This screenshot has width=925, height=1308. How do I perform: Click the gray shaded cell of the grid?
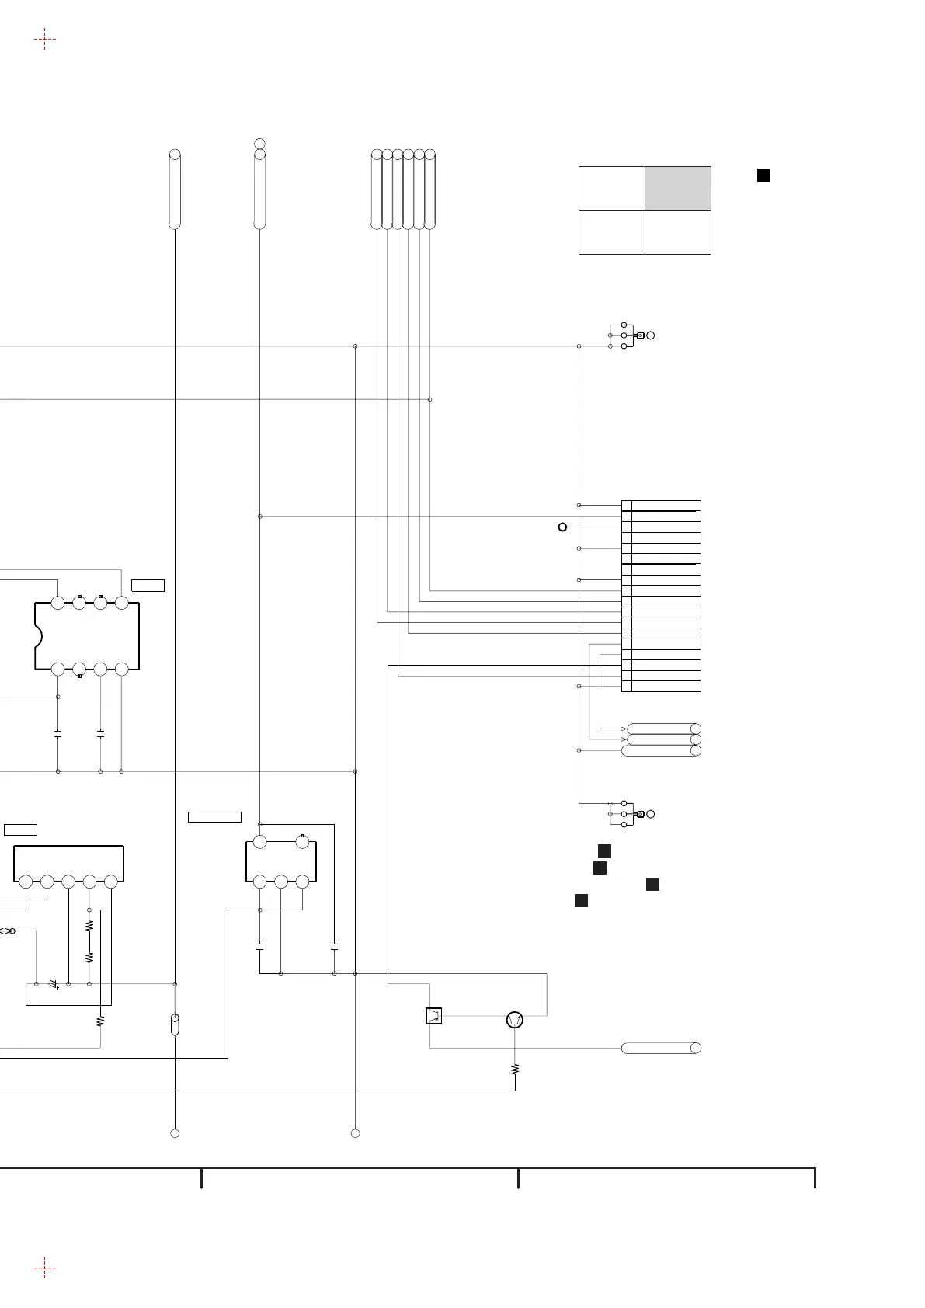tap(677, 188)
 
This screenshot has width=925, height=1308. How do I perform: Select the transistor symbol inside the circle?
tap(513, 1020)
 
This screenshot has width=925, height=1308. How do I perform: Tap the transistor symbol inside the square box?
tap(433, 1016)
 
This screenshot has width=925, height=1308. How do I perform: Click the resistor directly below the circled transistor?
tap(515, 1070)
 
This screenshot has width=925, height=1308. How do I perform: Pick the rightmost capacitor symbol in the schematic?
tap(334, 947)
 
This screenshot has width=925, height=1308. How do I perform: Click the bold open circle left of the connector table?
tap(562, 527)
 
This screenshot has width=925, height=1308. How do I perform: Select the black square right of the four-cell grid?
tap(763, 175)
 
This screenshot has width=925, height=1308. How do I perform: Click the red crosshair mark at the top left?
tap(45, 38)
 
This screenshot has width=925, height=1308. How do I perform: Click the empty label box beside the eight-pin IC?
tap(148, 585)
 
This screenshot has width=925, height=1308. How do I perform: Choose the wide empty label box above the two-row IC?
tap(214, 816)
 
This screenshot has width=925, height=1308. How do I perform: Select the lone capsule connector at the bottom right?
tap(661, 1048)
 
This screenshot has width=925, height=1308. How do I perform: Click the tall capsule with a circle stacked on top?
tap(259, 190)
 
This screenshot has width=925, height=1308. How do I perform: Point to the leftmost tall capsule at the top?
tap(175, 190)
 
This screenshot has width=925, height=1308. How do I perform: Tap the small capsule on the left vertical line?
tap(175, 1024)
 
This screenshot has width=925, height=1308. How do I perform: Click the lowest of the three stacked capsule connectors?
tap(662, 750)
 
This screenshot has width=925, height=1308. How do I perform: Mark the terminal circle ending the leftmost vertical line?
tap(175, 1133)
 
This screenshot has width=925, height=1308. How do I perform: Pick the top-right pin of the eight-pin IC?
tap(121, 603)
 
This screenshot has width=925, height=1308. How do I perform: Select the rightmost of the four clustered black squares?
tap(652, 884)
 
